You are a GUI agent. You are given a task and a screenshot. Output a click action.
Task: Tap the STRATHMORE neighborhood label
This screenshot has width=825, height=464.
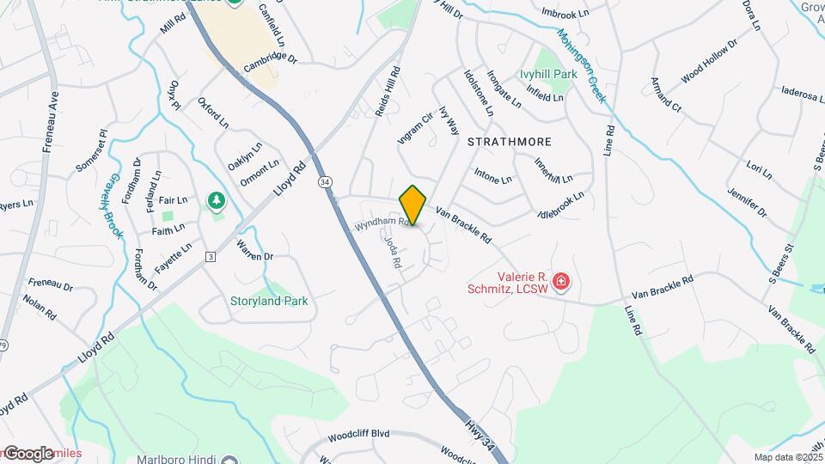tap(509, 141)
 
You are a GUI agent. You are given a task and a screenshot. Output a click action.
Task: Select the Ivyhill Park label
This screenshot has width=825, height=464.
tap(547, 75)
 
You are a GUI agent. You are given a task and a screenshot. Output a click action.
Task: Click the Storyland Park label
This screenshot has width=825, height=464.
tap(268, 302)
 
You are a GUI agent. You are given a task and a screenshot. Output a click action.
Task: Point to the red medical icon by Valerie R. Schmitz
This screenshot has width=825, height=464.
tap(561, 281)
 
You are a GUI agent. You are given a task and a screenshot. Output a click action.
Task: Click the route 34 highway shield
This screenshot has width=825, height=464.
tap(324, 182)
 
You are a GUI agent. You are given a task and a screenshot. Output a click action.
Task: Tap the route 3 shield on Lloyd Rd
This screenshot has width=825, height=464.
tap(210, 256)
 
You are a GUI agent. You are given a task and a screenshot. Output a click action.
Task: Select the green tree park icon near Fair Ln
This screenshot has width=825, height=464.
tap(217, 202)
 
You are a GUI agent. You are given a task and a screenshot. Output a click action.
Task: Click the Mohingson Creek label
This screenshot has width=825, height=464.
tap(582, 66)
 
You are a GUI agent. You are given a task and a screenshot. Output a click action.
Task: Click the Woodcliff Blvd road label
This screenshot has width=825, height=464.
tap(358, 433)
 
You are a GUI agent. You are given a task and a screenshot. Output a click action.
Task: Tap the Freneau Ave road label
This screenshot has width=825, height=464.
tap(51, 122)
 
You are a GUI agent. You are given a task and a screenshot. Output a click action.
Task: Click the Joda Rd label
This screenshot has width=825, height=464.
tap(392, 253)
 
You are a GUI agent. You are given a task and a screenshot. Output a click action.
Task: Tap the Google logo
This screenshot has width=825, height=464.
tap(28, 453)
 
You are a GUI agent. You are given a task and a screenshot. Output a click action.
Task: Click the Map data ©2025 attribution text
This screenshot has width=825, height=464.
tap(788, 457)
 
